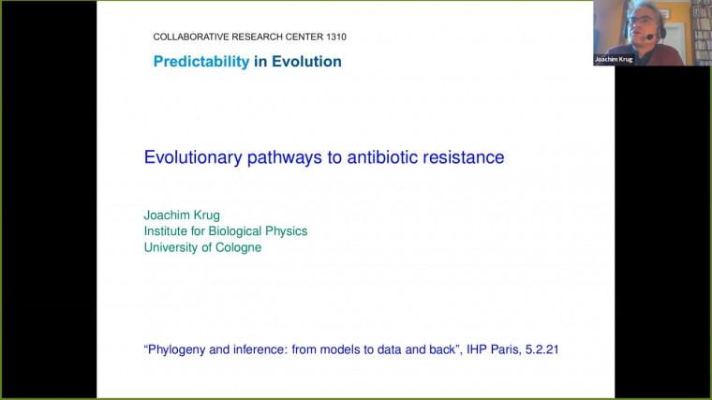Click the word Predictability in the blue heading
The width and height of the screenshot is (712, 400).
click(201, 62)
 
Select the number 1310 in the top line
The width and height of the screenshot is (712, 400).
click(333, 37)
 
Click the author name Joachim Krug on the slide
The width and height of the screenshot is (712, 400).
click(182, 215)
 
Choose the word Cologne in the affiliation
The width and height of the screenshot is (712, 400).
click(235, 247)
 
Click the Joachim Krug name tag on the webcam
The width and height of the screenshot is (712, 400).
click(614, 59)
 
